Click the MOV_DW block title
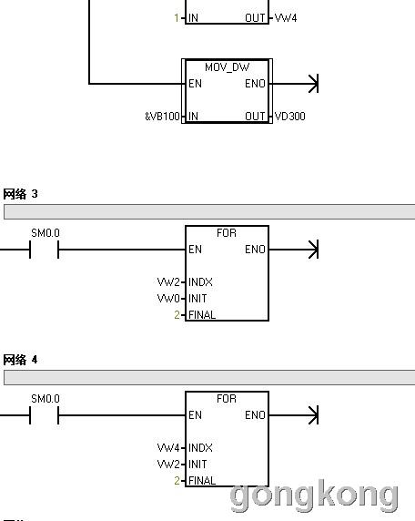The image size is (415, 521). coord(228,67)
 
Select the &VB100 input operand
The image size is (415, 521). coord(162,117)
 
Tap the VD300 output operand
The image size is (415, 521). coord(289,117)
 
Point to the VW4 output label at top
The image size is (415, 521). coord(286,17)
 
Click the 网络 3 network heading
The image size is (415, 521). coord(20,194)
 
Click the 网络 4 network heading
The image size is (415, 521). coord(20,360)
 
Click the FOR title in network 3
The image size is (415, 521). coord(227,233)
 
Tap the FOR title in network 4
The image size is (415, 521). coord(227,399)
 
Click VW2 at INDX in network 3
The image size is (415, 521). coord(168,282)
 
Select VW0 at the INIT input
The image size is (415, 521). coord(168,299)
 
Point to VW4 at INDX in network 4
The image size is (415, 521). coord(168,448)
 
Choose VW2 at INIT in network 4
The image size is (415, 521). coord(168,465)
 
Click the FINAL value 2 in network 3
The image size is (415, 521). coord(177,314)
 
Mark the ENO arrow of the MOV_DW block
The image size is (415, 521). coord(294,84)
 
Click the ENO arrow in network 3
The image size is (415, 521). coord(294,250)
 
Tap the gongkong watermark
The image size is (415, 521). coord(314,495)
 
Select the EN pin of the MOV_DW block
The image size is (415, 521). coord(196,84)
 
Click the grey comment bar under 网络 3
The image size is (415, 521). coord(209,211)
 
